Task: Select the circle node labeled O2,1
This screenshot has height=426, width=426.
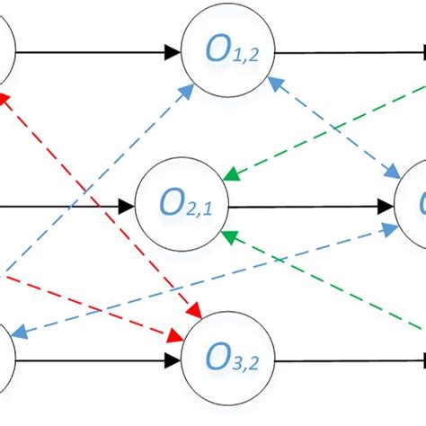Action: click(181, 206)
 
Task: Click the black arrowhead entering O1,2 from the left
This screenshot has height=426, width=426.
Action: click(173, 51)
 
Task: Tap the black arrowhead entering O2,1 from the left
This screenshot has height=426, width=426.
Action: click(128, 206)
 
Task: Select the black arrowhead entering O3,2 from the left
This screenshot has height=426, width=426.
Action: click(173, 361)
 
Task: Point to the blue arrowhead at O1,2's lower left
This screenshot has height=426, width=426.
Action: click(188, 89)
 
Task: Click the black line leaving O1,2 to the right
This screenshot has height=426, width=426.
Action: click(342, 51)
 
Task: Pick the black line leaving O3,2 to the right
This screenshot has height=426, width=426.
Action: click(342, 361)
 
